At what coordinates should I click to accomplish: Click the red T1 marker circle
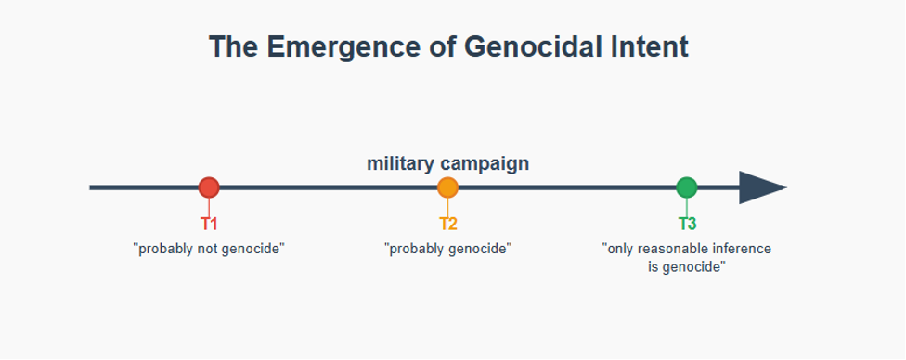209,187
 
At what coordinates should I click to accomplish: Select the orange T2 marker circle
447,187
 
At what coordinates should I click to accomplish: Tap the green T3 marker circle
686,187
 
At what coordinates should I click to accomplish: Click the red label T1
209,225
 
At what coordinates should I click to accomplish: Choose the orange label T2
447,225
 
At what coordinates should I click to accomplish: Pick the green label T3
687,225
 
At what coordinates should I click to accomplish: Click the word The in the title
232,46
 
